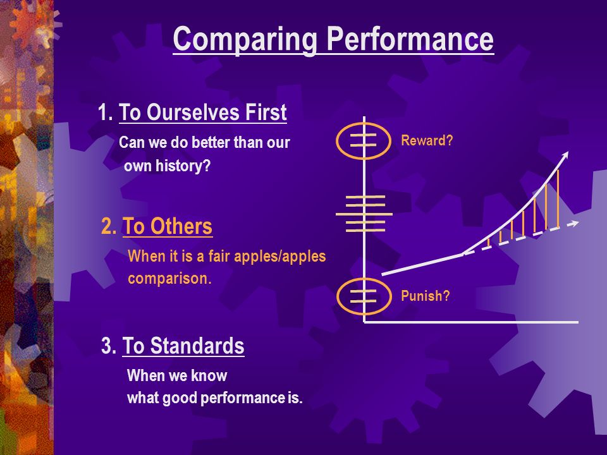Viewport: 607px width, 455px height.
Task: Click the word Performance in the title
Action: (410, 39)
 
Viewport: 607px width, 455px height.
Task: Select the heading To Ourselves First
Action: (202, 112)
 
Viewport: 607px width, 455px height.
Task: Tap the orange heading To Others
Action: (167, 226)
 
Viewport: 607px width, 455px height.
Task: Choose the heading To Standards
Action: (183, 345)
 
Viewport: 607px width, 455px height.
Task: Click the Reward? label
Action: (427, 140)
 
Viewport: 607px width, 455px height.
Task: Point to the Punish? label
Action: (425, 296)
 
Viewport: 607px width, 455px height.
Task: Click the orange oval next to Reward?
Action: (336, 140)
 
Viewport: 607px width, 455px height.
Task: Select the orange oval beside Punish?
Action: (337, 297)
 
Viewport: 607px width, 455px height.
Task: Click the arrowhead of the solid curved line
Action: (565, 154)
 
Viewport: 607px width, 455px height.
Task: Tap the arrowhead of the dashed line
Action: (575, 223)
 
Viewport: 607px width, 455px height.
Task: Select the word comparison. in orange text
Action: (169, 278)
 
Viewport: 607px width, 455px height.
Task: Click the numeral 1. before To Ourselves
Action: (105, 112)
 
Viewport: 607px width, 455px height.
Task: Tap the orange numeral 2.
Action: (108, 226)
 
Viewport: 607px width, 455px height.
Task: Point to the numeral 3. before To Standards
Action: (109, 345)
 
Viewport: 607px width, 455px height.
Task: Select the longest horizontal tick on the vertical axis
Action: (364, 214)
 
